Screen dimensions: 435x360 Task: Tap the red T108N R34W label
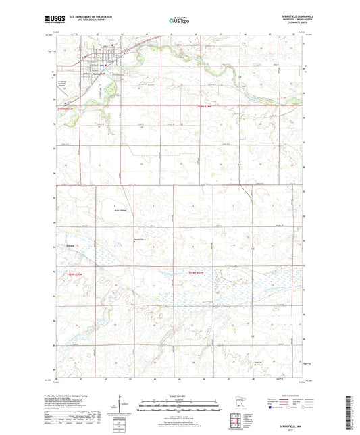(198, 273)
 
